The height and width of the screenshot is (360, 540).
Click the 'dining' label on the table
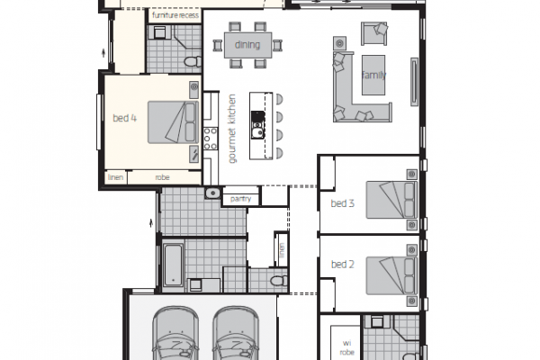(247, 45)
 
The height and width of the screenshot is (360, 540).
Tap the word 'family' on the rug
(373, 75)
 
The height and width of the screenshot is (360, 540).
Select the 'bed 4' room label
(125, 118)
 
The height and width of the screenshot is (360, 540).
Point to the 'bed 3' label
(342, 203)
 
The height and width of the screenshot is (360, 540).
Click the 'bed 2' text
(342, 265)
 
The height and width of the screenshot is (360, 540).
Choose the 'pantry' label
(240, 199)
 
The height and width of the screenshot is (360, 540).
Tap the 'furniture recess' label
(175, 15)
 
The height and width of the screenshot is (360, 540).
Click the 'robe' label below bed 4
(162, 177)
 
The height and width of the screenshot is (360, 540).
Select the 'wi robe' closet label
(346, 347)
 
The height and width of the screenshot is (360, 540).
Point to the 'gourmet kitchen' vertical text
(232, 129)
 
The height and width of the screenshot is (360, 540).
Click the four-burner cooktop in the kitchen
(211, 139)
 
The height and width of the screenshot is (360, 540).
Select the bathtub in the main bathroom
(173, 265)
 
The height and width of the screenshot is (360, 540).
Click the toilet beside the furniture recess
(193, 62)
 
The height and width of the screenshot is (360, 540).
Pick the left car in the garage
(175, 333)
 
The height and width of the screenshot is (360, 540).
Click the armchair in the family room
(374, 33)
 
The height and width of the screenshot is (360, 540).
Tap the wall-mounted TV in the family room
(414, 82)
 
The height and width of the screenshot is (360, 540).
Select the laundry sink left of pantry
(213, 193)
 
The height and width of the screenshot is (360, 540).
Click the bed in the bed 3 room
(391, 200)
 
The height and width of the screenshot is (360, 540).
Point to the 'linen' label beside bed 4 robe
(115, 177)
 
